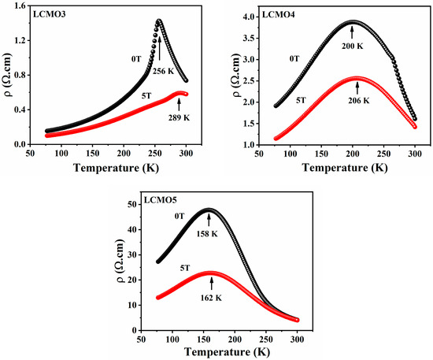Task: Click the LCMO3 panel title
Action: click(50, 14)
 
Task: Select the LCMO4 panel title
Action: click(279, 14)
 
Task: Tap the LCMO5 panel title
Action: click(161, 200)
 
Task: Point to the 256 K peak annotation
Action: click(164, 71)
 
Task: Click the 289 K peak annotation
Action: click(179, 118)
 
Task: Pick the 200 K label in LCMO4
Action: click(353, 46)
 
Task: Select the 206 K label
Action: click(359, 101)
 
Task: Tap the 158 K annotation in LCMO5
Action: click(207, 234)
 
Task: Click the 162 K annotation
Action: click(211, 298)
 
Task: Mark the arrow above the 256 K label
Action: click(160, 48)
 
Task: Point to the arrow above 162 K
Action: click(212, 284)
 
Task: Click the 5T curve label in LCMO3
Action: click(146, 96)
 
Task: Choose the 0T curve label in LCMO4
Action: click(294, 59)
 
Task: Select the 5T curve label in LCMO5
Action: click(185, 268)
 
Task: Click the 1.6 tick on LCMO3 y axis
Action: click(20, 6)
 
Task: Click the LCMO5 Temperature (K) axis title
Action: click(227, 352)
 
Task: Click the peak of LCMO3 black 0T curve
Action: click(159, 20)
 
